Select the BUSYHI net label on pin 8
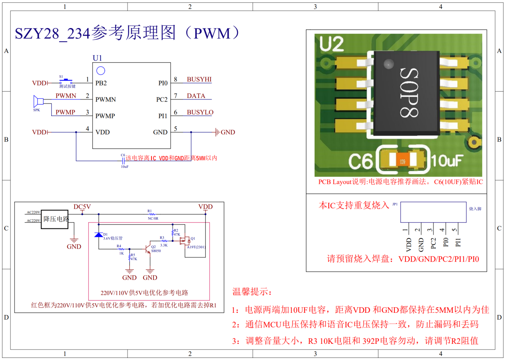click(x=199, y=79)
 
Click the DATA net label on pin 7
click(x=196, y=96)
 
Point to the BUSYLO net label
click(x=200, y=112)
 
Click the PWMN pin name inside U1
click(x=106, y=99)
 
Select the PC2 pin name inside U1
click(x=162, y=99)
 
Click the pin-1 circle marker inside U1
click(x=101, y=71)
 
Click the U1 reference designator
click(x=97, y=58)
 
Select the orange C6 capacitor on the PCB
click(x=403, y=161)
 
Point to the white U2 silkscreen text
click(x=332, y=44)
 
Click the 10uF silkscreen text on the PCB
click(x=447, y=161)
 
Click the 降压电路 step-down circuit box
click(x=55, y=219)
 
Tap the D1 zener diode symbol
click(x=98, y=235)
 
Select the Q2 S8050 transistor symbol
click(x=148, y=249)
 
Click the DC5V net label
click(x=82, y=207)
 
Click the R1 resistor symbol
click(x=152, y=214)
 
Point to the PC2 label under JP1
click(x=433, y=243)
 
